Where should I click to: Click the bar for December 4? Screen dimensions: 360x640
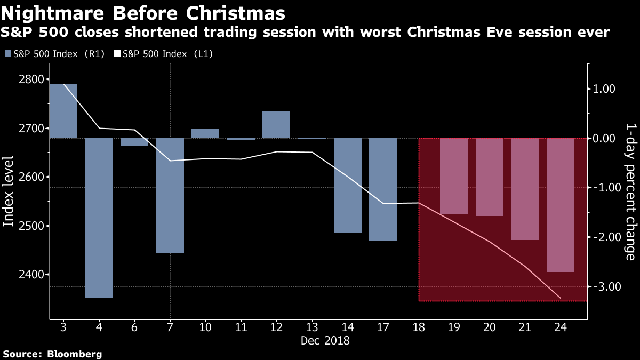coord(99,218)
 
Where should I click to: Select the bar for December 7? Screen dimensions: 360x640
coord(170,196)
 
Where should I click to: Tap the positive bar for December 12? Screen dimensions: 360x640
coord(276,124)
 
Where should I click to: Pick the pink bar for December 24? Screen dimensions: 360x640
coord(561,205)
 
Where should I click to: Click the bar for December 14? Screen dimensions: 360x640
coord(347,185)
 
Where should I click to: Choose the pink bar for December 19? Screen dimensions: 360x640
coord(454,176)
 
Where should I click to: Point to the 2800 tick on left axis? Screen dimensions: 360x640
coord(26,79)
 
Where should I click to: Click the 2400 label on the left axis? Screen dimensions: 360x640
coord(26,275)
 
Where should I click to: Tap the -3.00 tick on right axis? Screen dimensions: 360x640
coord(606,286)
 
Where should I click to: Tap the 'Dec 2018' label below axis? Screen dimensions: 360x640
coord(325,340)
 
